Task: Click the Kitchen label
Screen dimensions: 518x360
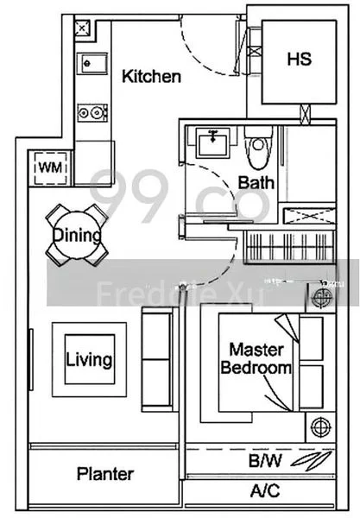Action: [151, 77]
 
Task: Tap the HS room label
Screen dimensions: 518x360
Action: [299, 60]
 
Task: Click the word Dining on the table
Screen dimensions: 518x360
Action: [77, 235]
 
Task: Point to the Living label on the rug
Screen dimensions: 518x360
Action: [89, 357]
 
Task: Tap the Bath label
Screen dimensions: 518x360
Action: [256, 182]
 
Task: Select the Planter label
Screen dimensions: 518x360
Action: [104, 474]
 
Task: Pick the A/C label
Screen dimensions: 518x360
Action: [264, 493]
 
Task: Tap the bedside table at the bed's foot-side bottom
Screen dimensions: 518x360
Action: [322, 426]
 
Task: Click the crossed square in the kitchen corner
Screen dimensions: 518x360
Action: [80, 29]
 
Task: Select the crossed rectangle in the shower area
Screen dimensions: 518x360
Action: [307, 217]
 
